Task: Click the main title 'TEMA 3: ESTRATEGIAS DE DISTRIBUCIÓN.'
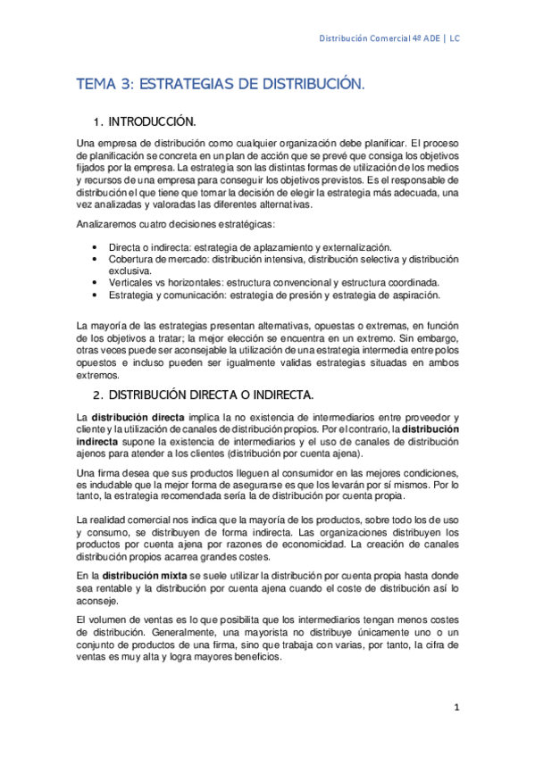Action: [x=221, y=84]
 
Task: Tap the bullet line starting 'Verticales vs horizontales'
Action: [x=255, y=282]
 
